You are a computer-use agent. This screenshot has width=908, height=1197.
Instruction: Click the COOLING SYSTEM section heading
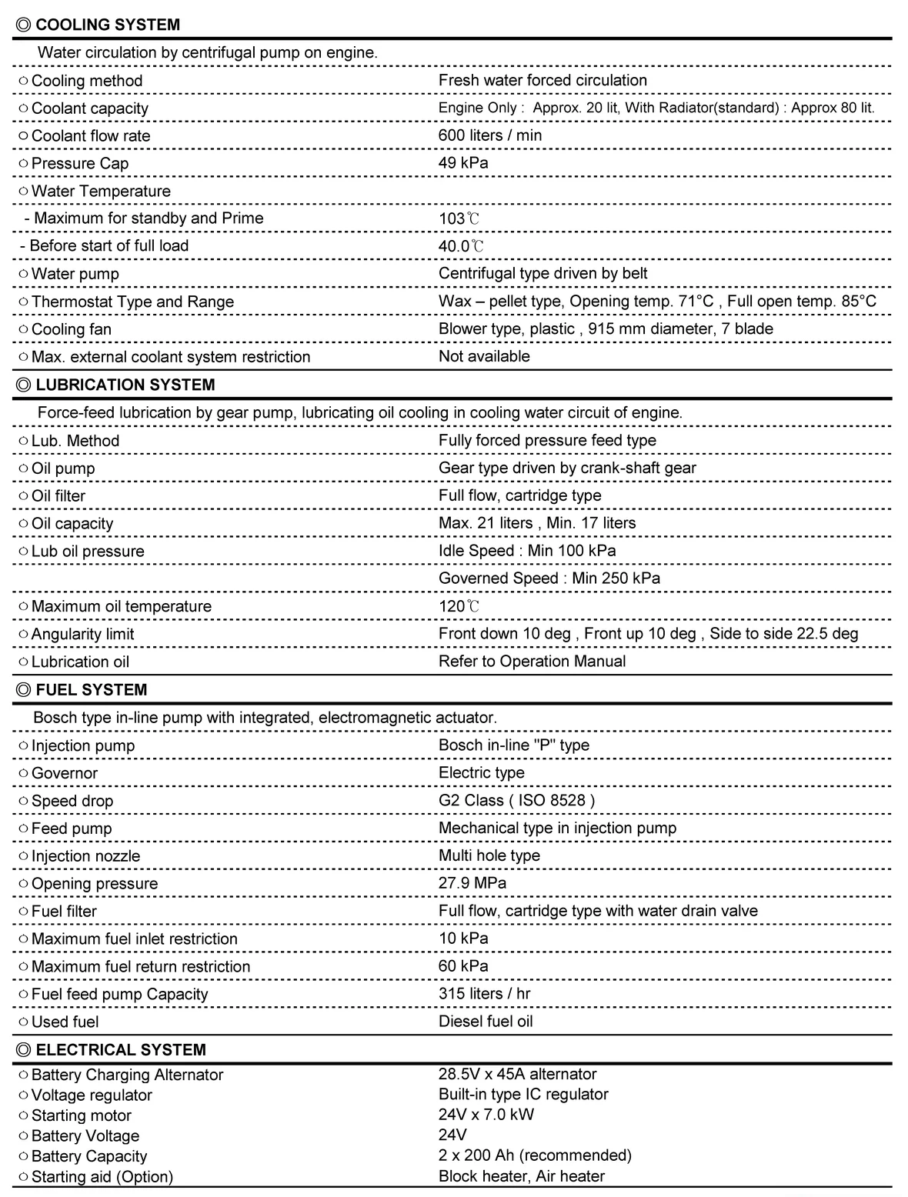107,25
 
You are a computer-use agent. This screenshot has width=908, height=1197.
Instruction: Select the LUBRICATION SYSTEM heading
125,385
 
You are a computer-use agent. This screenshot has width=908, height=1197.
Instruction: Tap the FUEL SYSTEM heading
91,689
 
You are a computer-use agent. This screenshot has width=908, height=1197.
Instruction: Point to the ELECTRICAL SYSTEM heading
120,1049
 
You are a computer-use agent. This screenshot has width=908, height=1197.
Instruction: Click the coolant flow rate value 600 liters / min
490,135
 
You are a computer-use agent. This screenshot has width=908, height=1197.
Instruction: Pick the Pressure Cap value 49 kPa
463,163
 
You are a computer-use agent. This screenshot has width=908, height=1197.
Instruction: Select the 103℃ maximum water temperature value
459,218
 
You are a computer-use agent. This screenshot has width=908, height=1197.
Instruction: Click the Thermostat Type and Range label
132,302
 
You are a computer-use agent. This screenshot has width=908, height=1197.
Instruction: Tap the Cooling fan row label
71,329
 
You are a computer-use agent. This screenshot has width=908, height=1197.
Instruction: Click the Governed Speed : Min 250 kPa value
549,578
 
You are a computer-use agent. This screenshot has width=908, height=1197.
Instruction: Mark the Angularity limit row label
82,634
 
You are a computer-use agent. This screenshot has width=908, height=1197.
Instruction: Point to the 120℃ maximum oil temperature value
459,606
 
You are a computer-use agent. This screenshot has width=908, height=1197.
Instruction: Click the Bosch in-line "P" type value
513,745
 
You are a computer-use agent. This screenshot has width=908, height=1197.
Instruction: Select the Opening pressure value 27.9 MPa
472,883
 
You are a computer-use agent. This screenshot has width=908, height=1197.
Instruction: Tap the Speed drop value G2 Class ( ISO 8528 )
516,800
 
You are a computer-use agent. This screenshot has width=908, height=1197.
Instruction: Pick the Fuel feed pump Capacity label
119,994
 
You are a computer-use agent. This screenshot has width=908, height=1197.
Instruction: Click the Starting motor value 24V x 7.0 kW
486,1115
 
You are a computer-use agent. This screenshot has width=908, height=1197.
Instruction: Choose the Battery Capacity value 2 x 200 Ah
535,1155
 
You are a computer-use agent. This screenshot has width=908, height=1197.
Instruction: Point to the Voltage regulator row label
92,1095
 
